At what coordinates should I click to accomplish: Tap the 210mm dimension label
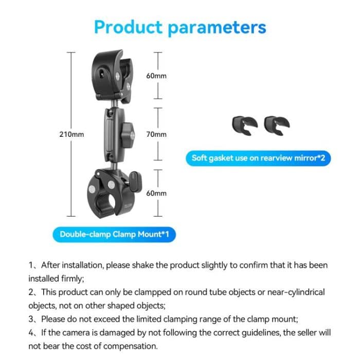click(x=71, y=134)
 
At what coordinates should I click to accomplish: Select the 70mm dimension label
click(x=156, y=134)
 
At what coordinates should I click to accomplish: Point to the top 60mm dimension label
click(x=156, y=76)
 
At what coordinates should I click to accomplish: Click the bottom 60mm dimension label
click(x=156, y=193)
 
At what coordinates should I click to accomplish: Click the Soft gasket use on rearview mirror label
click(x=258, y=158)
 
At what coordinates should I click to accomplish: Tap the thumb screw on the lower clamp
click(x=135, y=180)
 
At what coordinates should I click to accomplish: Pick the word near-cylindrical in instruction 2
click(x=292, y=292)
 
